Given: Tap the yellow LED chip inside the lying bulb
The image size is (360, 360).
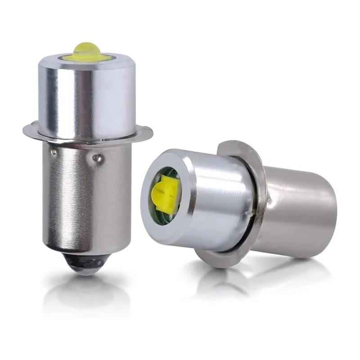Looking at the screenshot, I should tap(164, 193).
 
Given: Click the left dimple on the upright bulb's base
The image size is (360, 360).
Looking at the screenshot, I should tap(54, 152).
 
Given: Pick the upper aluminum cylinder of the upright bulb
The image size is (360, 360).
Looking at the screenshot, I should tap(85, 97).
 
